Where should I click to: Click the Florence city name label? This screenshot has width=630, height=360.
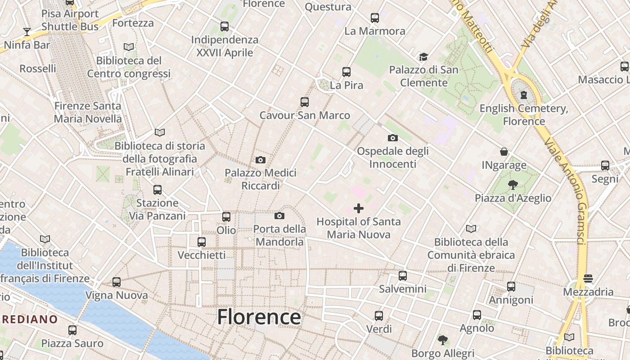[x=259, y=317]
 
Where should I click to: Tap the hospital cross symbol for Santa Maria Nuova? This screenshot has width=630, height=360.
[x=359, y=208]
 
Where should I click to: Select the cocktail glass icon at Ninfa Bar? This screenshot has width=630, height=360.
[x=27, y=32]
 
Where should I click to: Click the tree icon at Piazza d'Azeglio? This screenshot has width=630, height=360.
[x=512, y=184]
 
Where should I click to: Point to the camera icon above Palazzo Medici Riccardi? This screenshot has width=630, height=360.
[x=260, y=160]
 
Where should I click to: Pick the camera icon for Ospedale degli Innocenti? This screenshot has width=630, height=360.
[x=392, y=138]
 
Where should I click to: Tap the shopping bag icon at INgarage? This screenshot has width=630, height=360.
[x=504, y=152]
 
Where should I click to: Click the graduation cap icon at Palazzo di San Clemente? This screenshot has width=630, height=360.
[x=423, y=57]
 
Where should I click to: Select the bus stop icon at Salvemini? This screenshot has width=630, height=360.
[x=403, y=275]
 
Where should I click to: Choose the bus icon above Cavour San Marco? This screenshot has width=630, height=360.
[x=305, y=102]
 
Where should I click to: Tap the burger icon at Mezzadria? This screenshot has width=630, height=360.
[x=588, y=279]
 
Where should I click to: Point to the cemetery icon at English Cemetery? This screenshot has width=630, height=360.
[x=524, y=95]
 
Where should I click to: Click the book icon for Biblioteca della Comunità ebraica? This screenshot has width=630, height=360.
[x=471, y=229]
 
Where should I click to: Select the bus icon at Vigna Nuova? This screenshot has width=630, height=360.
[x=117, y=282]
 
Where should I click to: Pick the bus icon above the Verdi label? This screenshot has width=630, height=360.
[x=379, y=315]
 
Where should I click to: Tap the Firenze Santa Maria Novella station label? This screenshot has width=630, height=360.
[x=88, y=112]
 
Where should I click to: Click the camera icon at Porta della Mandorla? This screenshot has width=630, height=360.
[x=279, y=216]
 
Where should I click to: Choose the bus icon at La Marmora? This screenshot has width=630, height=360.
[x=375, y=18]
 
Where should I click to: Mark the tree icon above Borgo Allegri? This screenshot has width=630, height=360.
[x=443, y=340]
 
